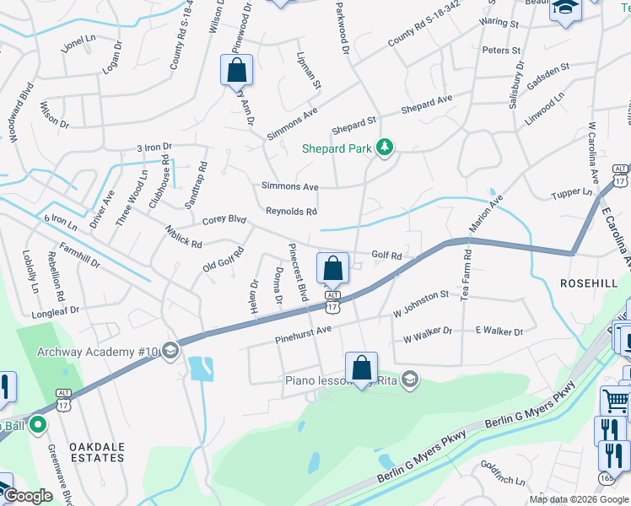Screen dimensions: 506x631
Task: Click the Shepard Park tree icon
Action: click(386, 148)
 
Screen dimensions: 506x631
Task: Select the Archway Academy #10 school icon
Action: click(170, 350)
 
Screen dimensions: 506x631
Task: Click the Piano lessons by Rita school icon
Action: click(410, 379)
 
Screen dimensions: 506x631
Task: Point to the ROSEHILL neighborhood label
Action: click(590, 283)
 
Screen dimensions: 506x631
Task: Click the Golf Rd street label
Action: click(386, 255)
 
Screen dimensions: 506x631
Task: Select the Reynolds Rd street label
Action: click(291, 212)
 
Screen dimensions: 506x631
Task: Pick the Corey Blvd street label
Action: click(224, 220)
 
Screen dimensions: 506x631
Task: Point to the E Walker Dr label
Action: click(499, 331)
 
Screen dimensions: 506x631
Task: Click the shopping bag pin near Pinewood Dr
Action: click(237, 70)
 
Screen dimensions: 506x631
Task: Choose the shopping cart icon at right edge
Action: click(615, 401)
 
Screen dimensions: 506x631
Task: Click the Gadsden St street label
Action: click(549, 69)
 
